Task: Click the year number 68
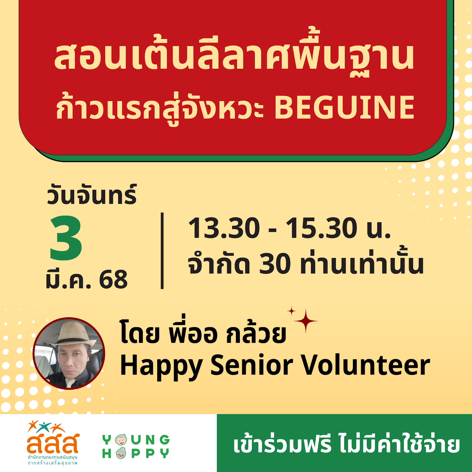click(x=113, y=279)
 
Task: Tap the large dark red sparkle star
click(x=306, y=321)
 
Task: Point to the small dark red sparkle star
click(x=291, y=311)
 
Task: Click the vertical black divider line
click(x=162, y=250)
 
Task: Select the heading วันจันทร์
click(x=92, y=195)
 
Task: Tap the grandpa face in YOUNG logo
click(x=121, y=440)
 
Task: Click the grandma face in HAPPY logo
click(x=121, y=453)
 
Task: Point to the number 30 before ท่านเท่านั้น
click(x=275, y=264)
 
